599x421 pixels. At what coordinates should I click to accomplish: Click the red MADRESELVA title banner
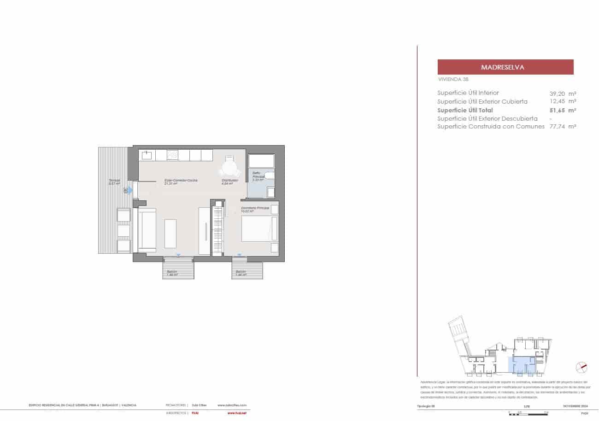[505, 67]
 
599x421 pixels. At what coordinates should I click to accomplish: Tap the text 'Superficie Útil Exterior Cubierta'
[482, 101]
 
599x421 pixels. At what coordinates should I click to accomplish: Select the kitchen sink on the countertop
[147, 155]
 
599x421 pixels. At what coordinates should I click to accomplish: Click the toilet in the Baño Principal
[270, 175]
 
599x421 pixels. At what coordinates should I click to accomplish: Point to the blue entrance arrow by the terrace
[130, 190]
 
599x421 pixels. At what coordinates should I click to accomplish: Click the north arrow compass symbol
[582, 367]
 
